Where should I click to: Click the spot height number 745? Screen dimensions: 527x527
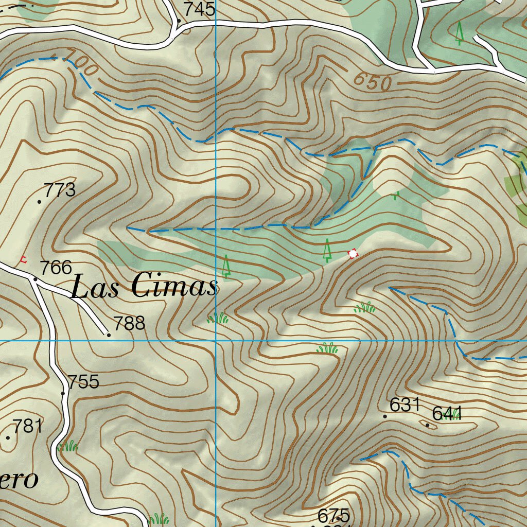[199, 9]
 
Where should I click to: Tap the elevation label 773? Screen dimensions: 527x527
[60, 190]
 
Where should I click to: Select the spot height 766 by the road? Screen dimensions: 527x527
[56, 268]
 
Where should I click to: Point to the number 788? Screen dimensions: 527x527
[129, 324]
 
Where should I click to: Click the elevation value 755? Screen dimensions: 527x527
[83, 382]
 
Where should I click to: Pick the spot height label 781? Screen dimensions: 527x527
[27, 426]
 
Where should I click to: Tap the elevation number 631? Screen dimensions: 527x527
[405, 405]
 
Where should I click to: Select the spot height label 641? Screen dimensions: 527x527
[447, 414]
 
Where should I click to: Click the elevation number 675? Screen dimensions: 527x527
[333, 515]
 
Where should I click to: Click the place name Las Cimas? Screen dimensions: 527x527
[144, 286]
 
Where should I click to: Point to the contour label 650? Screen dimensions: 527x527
[373, 81]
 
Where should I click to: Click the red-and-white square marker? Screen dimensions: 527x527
[353, 254]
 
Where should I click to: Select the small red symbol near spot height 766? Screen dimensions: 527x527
[22, 259]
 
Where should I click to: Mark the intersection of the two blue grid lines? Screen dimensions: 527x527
[216, 341]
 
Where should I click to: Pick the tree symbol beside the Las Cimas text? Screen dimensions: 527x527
[225, 266]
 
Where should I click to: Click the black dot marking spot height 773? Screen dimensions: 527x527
[40, 202]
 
